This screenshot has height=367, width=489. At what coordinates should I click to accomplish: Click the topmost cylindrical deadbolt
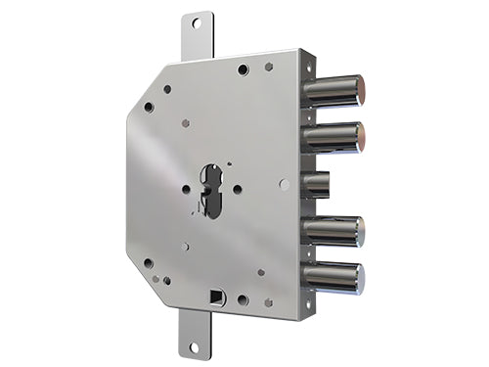tap(333, 91)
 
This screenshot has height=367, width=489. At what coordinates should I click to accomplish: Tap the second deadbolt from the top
tap(333, 137)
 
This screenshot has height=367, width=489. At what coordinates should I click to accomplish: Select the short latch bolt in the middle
tap(318, 184)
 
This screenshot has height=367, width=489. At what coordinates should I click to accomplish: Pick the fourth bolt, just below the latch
tap(333, 231)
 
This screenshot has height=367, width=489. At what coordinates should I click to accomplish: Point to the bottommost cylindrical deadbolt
tap(333, 277)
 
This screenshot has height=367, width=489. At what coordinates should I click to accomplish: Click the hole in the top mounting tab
tap(195, 23)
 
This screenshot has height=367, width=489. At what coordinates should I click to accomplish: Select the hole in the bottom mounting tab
tap(193, 345)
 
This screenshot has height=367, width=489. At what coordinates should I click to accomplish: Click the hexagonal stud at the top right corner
tap(269, 67)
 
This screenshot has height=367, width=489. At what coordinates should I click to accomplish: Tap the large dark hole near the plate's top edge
tap(242, 69)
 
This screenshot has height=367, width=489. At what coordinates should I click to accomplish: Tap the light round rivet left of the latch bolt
tap(284, 183)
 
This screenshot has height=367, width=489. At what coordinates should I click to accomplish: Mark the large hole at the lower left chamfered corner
tap(149, 262)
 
